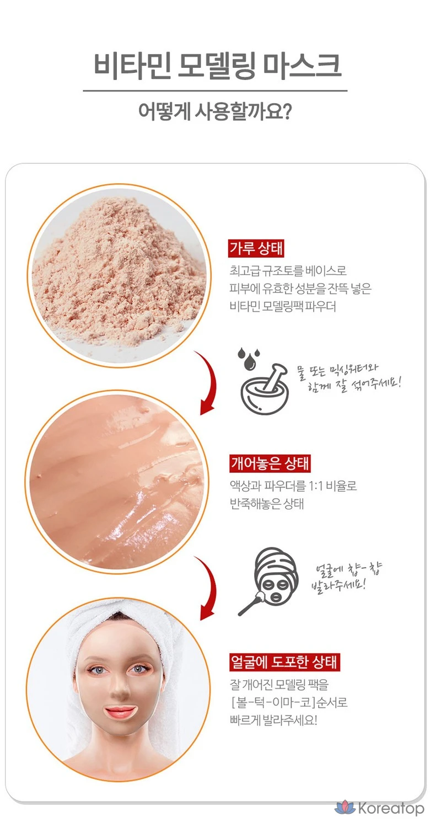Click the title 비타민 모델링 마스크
pos(217,66)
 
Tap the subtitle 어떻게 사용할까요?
pos(215,111)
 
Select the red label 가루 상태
pos(256,248)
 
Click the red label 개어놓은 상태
pos(270,463)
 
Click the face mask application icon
pos(268,581)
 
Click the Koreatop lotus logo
pos(345,807)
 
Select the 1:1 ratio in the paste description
pos(316,486)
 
